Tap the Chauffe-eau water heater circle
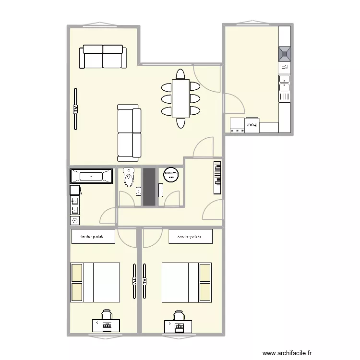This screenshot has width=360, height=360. click(x=171, y=175)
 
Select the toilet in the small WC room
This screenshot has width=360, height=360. click(x=129, y=179)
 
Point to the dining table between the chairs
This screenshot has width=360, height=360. click(x=180, y=98)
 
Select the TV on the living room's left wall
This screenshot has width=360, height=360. click(x=75, y=109)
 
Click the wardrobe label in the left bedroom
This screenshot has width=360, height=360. click(x=93, y=237)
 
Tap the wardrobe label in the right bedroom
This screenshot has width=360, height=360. click(x=190, y=237)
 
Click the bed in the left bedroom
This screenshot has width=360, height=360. click(x=95, y=282)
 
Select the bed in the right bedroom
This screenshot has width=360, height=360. click(x=187, y=282)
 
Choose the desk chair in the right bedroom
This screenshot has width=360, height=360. click(x=179, y=315)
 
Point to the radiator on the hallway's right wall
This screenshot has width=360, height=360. click(x=217, y=178)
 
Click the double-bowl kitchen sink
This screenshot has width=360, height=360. click(x=285, y=82)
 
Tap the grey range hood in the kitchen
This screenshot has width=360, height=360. click(x=285, y=52)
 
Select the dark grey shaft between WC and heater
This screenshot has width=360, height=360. click(x=149, y=187)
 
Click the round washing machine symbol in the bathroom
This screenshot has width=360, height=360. click(x=74, y=220)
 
